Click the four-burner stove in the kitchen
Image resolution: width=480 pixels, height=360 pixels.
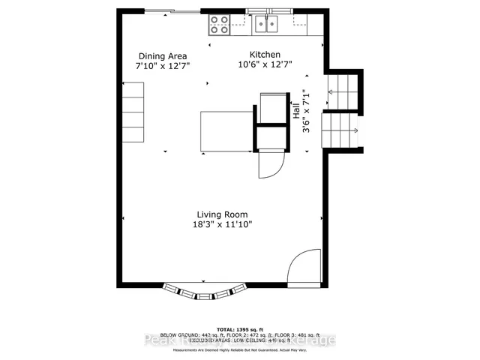coord(219,25)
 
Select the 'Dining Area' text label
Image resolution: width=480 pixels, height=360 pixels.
coord(162,56)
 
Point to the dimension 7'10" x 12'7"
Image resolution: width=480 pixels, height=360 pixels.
coord(162,66)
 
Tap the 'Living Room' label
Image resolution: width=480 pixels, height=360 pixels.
coord(222,214)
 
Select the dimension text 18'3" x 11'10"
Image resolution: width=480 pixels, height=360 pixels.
coord(222,224)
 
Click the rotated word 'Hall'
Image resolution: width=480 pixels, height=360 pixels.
coord(296,112)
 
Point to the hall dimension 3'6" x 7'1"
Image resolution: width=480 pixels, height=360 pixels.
coord(305,112)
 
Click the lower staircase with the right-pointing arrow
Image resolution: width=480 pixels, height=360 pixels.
coord(341,131)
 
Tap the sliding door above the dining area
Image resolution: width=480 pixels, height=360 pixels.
coord(172,10)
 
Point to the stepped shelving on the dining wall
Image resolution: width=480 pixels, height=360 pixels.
coord(133,112)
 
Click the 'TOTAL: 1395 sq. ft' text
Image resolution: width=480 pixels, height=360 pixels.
coord(240,330)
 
